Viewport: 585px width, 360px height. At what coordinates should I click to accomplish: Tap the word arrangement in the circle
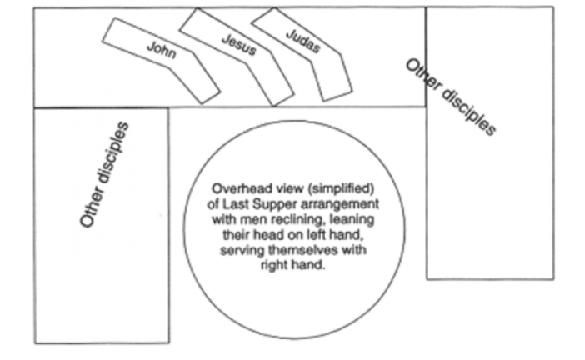pyautogui.click(x=340, y=202)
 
